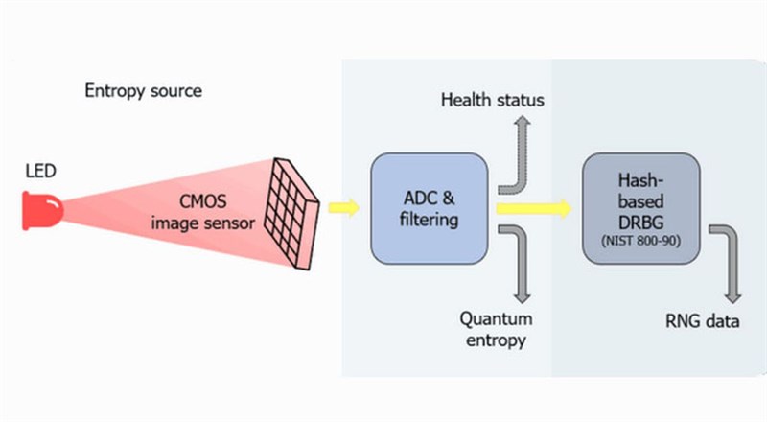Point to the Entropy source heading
143,92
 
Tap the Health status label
493,100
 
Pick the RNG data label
704,321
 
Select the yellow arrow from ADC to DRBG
533,206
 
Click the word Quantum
496,318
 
